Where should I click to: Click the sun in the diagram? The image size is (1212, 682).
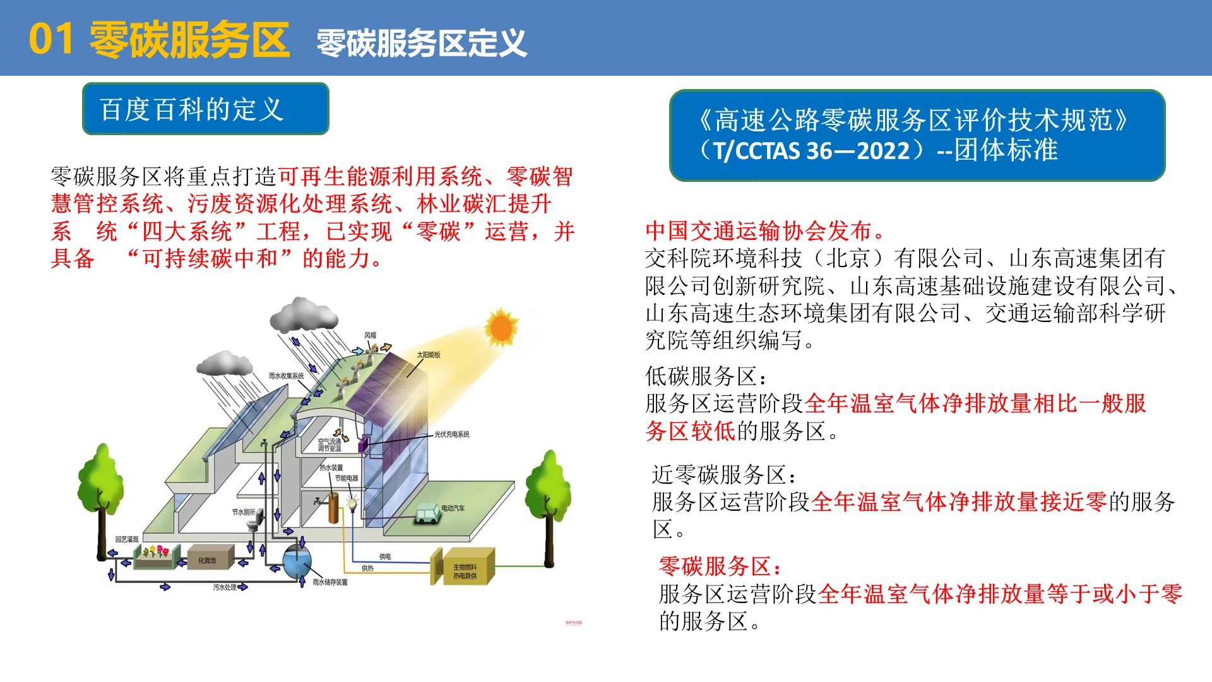pos(501,327)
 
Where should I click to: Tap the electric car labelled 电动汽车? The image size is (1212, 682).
pos(427,513)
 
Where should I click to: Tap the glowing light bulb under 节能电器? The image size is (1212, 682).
pos(352,503)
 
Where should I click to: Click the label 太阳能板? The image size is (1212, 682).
pos(428,355)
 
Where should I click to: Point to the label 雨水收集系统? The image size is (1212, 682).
pos(286,376)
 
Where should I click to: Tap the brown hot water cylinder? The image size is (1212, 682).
pos(333,508)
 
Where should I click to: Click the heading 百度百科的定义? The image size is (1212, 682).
pos(192,109)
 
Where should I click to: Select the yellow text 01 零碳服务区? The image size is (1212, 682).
pos(159,39)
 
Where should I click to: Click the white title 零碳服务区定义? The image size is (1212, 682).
pos(421,43)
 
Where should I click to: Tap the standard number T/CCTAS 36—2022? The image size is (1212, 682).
pos(812,151)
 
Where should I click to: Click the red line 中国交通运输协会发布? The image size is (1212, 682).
pos(764,231)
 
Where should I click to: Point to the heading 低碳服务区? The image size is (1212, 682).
pos(706,376)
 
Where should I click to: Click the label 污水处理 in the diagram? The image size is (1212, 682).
pos(225,587)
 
